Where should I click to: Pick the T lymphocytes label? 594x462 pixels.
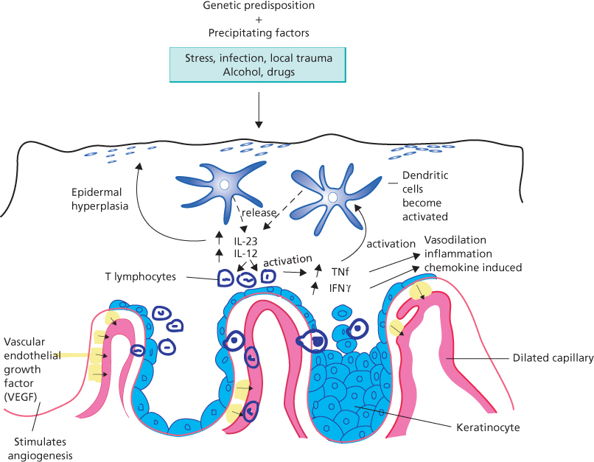(140, 278)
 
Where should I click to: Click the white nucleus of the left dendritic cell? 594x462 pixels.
(224, 185)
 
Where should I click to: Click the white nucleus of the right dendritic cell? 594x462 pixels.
(333, 197)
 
